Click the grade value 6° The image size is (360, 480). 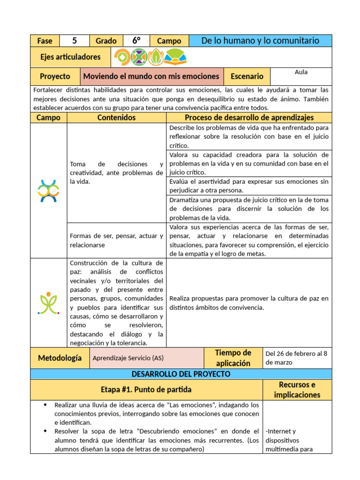[136, 41]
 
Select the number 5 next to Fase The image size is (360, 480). [74, 41]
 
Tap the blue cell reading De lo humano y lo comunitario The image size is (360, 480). [260, 41]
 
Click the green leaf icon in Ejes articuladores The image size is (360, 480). [156, 57]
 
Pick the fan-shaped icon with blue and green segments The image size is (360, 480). [175, 57]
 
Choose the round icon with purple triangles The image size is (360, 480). [139, 57]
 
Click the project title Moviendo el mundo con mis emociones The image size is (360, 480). [151, 76]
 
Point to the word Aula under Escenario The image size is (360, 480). [301, 72]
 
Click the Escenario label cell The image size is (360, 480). [247, 76]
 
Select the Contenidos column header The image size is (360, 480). [116, 118]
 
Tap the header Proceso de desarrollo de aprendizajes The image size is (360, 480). [249, 118]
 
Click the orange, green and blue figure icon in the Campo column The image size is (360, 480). [48, 191]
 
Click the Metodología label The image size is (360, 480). [60, 358]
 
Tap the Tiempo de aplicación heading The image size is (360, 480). [233, 358]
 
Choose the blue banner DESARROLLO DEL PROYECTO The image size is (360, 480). [181, 374]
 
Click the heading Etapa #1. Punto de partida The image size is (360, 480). [146, 390]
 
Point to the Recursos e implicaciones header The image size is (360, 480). [297, 390]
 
